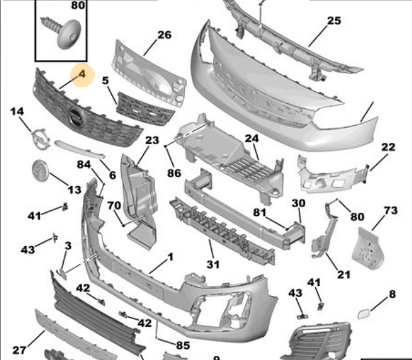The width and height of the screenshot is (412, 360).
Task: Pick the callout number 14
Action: click(x=17, y=111)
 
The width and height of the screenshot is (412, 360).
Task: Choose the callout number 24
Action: click(x=251, y=138)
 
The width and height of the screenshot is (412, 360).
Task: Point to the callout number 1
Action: click(x=170, y=257)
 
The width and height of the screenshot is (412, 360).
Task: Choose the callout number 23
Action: click(x=152, y=140)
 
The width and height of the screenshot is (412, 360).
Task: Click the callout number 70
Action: click(x=114, y=204)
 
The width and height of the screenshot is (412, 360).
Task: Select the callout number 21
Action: click(x=343, y=275)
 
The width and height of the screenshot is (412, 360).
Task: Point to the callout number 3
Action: click(x=68, y=246)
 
